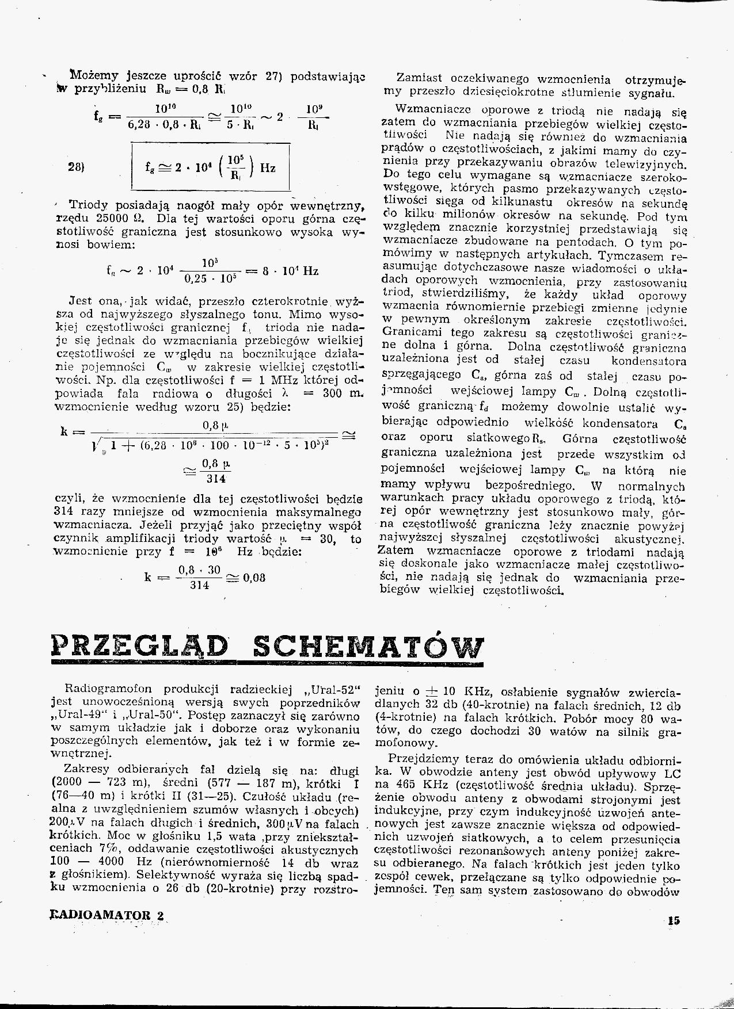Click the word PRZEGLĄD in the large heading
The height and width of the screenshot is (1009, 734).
[x=140, y=647]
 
